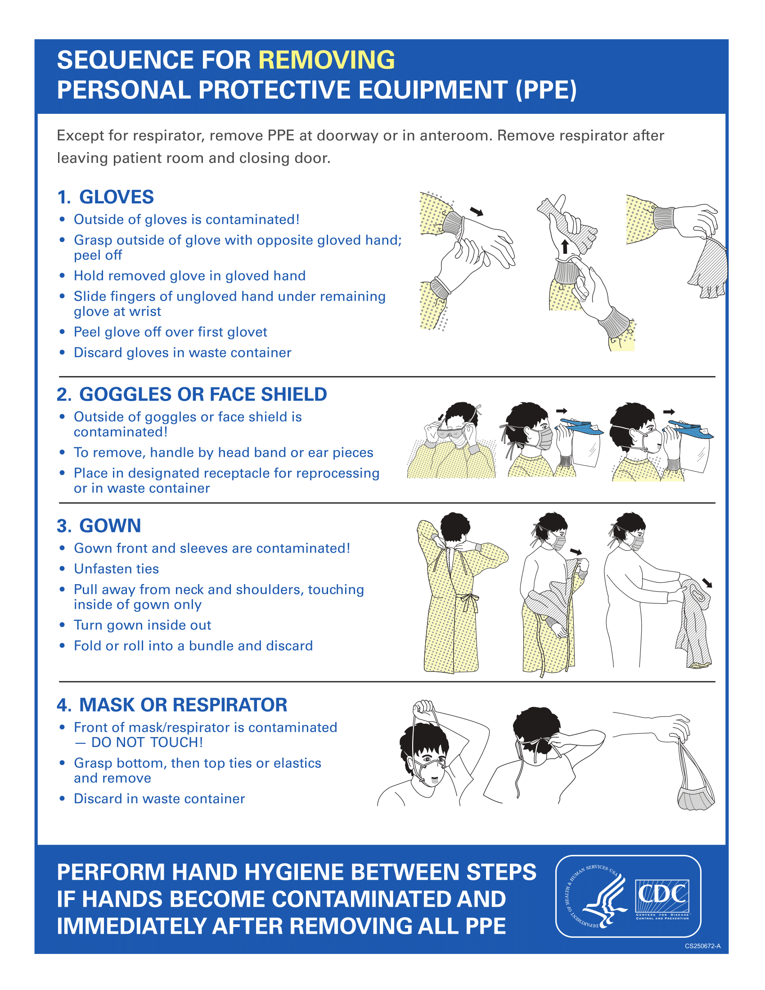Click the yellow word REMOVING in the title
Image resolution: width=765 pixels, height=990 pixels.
(x=326, y=60)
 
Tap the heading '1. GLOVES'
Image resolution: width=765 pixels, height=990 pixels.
(x=105, y=197)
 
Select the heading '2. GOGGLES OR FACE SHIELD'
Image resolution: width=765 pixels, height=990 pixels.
(x=191, y=394)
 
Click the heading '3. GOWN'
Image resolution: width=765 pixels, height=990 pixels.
(x=99, y=526)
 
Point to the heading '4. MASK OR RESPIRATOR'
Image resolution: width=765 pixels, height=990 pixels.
(x=172, y=705)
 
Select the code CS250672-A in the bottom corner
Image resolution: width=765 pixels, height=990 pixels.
(x=702, y=946)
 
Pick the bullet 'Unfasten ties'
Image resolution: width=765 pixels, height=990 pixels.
(x=117, y=569)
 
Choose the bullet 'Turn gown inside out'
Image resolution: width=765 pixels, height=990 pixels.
(x=142, y=625)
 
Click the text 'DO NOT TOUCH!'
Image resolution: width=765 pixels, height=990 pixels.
(x=147, y=742)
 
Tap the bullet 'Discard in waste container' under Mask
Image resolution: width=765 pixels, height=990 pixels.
(x=159, y=799)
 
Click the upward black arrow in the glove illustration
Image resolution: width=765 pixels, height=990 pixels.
(x=565, y=247)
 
